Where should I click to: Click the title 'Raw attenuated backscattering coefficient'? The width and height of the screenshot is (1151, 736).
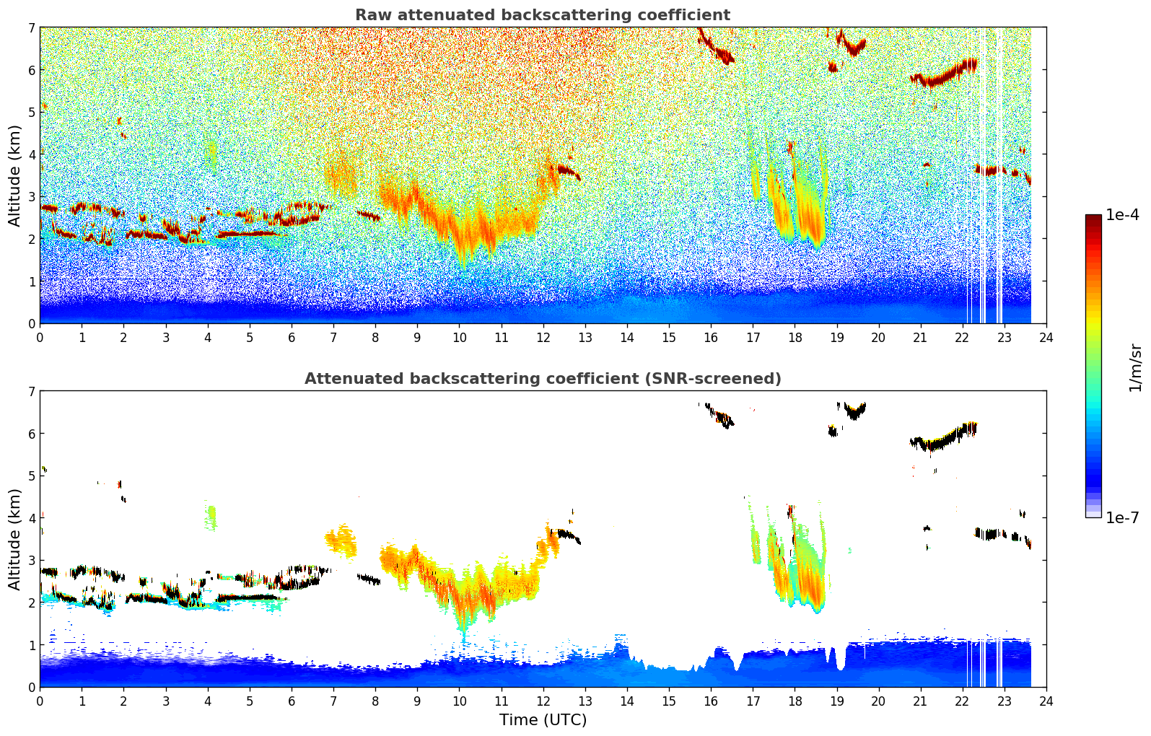tap(542, 15)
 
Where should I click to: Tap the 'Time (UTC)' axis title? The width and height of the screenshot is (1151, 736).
tap(543, 719)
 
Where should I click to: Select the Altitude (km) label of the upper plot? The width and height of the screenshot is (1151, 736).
tap(15, 175)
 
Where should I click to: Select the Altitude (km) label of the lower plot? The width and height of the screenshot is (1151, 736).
tap(15, 539)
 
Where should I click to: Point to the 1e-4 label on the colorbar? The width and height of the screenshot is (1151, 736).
tap(1122, 215)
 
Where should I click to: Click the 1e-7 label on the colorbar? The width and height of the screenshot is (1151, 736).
tap(1122, 517)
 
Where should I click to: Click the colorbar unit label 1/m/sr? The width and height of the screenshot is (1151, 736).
tap(1135, 367)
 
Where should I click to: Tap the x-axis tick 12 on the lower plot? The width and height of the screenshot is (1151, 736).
tap(543, 701)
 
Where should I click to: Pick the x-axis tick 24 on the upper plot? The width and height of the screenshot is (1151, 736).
tap(1046, 337)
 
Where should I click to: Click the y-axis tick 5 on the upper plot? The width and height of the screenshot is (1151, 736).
tap(31, 112)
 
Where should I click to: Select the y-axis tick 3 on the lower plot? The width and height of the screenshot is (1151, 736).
tap(31, 560)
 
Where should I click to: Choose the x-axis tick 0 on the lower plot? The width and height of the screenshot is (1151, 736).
tap(40, 701)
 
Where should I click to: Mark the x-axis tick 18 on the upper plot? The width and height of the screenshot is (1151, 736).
tap(795, 337)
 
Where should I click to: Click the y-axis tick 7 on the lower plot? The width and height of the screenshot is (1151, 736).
tap(31, 391)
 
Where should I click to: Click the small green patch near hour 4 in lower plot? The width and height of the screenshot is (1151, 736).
tap(211, 517)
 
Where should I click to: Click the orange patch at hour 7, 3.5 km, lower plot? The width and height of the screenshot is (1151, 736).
tap(341, 540)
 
